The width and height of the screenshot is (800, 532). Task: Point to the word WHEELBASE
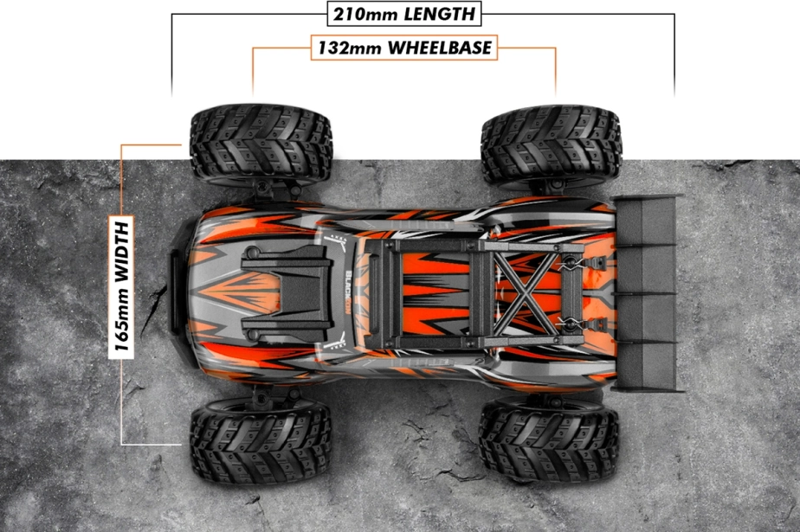(x=440, y=48)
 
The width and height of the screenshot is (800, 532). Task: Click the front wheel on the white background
(x=259, y=143)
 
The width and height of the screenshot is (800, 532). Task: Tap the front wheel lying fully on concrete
(x=259, y=439)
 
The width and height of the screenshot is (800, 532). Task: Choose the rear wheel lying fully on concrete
(x=549, y=439)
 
